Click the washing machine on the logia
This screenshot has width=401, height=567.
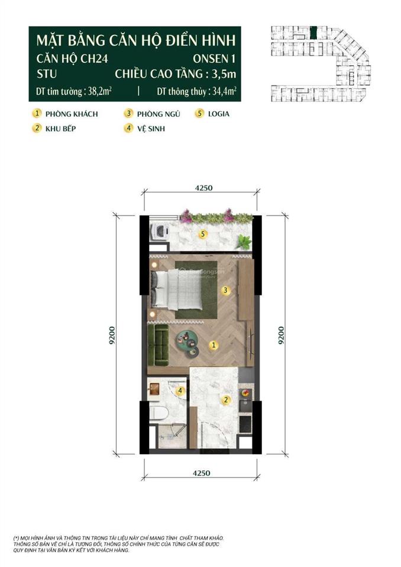[160, 230]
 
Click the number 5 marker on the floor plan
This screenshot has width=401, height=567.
[203, 234]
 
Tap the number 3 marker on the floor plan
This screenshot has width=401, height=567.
[225, 290]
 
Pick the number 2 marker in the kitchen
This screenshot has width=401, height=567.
[225, 400]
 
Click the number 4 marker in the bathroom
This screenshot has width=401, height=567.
[182, 390]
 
